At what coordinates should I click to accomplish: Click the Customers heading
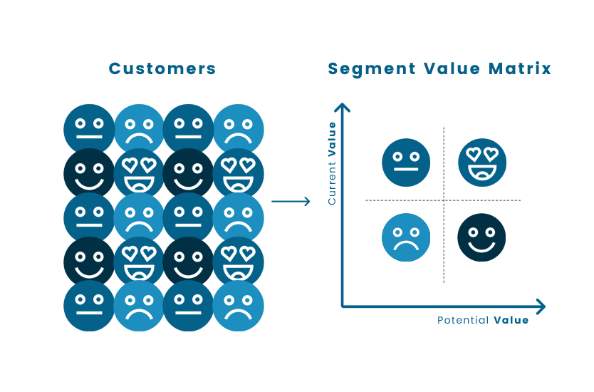click(162, 69)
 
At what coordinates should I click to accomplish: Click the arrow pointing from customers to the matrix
click(291, 202)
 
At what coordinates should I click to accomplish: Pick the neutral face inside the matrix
click(406, 163)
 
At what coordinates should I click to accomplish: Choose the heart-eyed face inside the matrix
click(482, 163)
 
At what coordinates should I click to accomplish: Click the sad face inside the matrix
click(406, 237)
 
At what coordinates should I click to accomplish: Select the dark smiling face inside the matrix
click(481, 237)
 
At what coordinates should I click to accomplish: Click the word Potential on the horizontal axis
click(463, 321)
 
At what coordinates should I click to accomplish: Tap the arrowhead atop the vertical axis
click(343, 108)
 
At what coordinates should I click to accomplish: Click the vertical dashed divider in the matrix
click(444, 242)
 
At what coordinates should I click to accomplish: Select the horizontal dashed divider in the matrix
click(399, 200)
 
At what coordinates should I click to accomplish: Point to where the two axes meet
click(343, 306)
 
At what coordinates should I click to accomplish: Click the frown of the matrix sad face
click(406, 246)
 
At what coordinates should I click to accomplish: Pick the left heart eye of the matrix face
click(473, 153)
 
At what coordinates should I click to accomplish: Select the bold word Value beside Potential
click(511, 321)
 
